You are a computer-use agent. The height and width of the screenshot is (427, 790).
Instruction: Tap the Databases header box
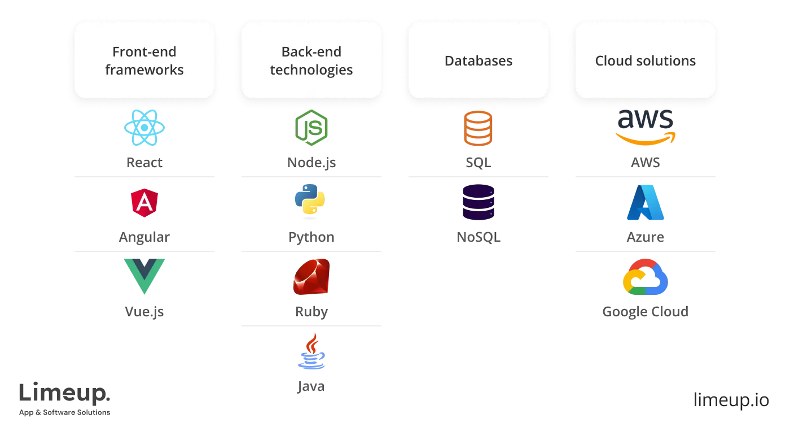click(478, 61)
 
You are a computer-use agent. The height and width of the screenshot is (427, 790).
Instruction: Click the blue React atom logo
click(144, 129)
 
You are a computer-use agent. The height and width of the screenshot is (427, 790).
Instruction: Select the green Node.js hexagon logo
click(311, 129)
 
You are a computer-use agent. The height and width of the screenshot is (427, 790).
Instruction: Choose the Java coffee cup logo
click(311, 352)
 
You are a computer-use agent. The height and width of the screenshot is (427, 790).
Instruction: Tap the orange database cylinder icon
click(478, 129)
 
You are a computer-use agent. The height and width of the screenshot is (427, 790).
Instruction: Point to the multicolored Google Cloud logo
click(646, 277)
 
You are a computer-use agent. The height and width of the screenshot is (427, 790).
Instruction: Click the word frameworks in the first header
click(144, 70)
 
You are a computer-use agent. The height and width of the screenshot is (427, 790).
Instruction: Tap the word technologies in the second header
click(311, 70)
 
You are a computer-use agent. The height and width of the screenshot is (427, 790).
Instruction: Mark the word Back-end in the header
click(311, 52)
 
